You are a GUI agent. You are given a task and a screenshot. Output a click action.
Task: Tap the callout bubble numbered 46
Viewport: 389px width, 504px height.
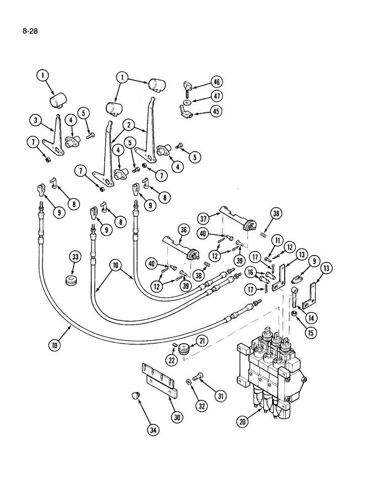[217, 82]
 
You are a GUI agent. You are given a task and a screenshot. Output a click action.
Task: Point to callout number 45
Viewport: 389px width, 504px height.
[217, 111]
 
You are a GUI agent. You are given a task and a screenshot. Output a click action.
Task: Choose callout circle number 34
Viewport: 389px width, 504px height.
[153, 430]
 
